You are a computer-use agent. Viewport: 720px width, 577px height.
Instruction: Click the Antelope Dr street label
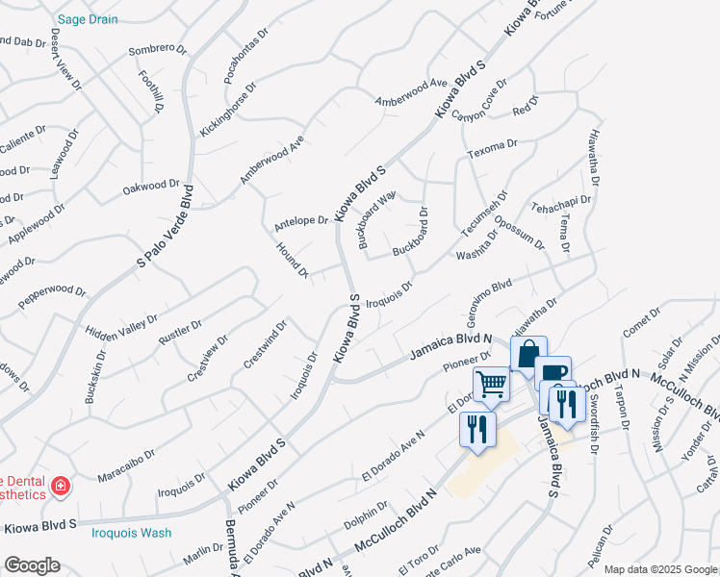tap(301, 223)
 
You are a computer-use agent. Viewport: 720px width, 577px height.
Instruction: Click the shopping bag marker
tap(527, 354)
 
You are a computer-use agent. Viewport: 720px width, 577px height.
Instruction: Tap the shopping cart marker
tap(492, 385)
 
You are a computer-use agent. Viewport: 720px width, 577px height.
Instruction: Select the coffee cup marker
tap(553, 374)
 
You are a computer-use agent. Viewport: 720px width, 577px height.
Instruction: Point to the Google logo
tap(32, 565)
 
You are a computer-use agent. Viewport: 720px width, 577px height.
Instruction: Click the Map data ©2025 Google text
tap(660, 569)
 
